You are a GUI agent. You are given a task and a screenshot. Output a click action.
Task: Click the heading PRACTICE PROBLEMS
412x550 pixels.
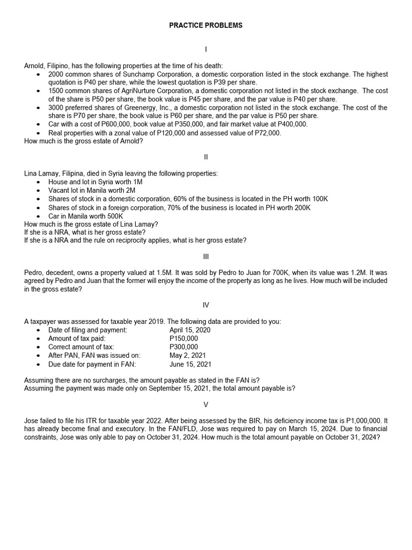pos(206,25)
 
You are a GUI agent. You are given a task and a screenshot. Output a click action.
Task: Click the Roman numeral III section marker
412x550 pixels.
pos(206,257)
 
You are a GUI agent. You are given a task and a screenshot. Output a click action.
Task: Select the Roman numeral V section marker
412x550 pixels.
pos(206,404)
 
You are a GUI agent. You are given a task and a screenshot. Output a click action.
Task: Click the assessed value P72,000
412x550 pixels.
pos(266,133)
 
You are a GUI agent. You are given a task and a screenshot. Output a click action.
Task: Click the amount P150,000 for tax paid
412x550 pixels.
pos(183,338)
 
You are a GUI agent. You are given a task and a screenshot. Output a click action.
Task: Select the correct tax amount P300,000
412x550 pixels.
pos(183,347)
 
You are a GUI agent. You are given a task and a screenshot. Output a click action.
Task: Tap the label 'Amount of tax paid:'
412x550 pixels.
pos(77,338)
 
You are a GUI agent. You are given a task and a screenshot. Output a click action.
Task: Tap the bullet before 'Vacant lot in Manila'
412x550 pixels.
pos(38,191)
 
